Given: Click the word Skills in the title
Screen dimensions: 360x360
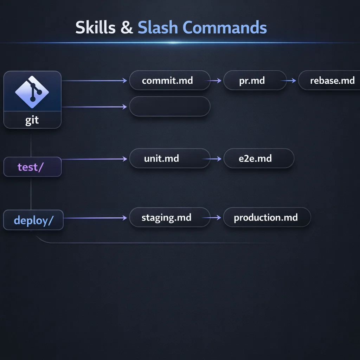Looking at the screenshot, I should click(95, 28).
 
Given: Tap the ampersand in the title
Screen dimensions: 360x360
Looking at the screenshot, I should click(127, 28).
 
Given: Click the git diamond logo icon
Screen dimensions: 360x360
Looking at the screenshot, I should click(32, 91).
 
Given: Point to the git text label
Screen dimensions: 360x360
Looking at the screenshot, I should click(32, 120).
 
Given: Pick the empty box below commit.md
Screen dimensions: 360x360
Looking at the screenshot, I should click(169, 106).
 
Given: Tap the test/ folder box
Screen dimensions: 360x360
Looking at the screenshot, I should click(32, 167).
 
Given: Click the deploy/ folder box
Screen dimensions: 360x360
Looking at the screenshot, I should click(33, 220).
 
